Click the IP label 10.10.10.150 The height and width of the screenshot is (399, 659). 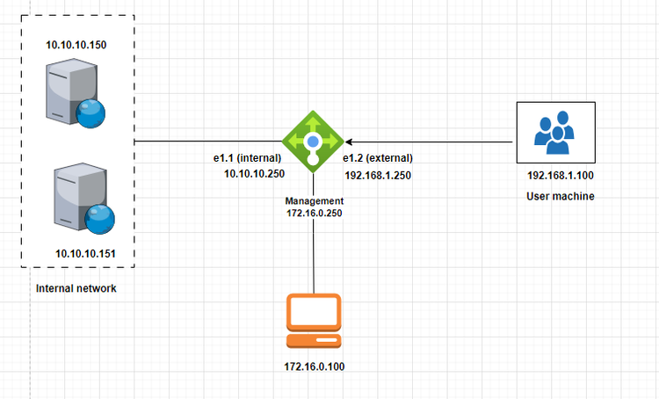[76, 43]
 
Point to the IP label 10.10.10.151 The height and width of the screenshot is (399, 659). [85, 254]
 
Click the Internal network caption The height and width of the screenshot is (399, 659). [76, 289]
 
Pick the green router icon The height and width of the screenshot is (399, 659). [312, 141]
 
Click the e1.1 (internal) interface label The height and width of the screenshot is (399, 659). [247, 157]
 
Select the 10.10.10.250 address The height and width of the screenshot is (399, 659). [255, 174]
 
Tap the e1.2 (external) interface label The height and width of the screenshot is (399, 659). [378, 157]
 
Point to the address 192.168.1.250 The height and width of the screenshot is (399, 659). [378, 175]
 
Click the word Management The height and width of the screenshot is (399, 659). [314, 201]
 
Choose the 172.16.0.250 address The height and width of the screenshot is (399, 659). [314, 214]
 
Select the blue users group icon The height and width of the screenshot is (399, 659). [554, 133]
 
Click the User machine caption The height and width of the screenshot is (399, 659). [561, 197]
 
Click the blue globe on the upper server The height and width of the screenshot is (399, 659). [91, 112]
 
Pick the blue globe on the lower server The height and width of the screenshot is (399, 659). [99, 217]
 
